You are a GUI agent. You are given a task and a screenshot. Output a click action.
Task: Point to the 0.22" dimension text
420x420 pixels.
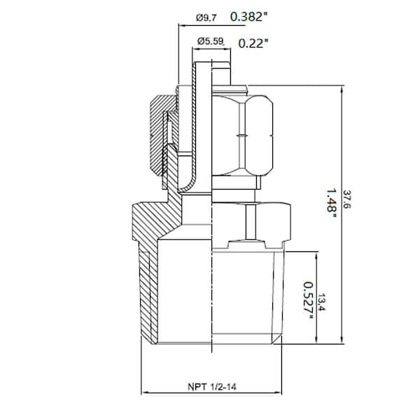(253, 43)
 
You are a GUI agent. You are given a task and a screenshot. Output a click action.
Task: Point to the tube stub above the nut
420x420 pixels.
(220, 73)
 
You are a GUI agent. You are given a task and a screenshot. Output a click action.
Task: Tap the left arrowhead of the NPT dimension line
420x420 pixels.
(144, 391)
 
